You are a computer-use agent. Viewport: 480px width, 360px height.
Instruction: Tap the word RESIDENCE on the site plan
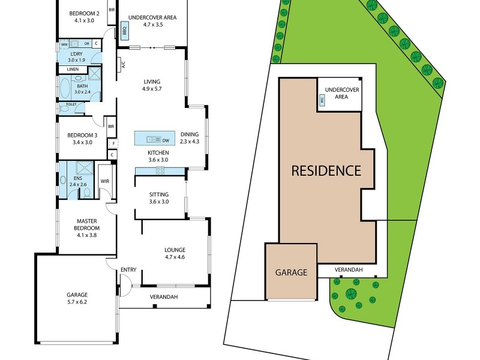pos(326,170)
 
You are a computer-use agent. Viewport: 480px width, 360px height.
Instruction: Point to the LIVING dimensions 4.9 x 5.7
pos(152,89)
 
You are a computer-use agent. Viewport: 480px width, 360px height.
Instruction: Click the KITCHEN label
pos(158,152)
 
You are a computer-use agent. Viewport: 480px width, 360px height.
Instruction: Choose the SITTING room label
pos(159,194)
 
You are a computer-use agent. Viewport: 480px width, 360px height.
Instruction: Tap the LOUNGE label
pos(175,250)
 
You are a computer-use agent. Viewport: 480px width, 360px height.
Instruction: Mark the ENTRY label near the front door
pos(128,270)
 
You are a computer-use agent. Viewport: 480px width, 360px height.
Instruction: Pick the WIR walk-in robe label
pos(104,181)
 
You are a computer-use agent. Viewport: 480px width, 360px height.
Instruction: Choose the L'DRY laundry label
pos(77,53)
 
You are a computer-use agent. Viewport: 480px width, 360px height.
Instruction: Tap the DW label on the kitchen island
pos(166,140)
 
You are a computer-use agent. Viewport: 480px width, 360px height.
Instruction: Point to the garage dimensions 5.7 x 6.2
pos(77,303)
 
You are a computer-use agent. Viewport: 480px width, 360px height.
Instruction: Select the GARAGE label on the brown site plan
pos(291,272)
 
